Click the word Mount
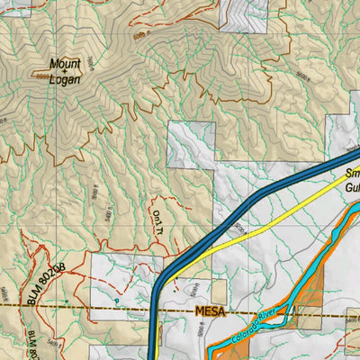(65, 64)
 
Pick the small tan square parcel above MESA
(306, 315)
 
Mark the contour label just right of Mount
(91, 62)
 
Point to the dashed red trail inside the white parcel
(135, 288)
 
